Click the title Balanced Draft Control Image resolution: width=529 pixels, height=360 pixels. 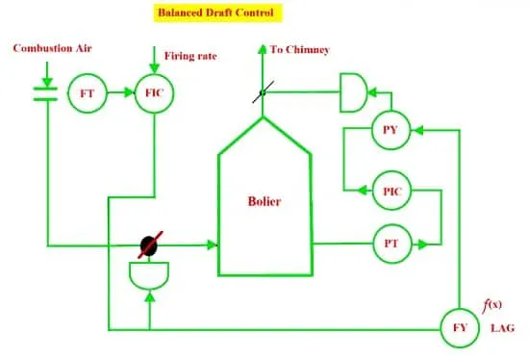pos(216,13)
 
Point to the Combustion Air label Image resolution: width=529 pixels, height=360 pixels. pos(52,48)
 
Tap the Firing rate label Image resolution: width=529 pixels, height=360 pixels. pos(190,56)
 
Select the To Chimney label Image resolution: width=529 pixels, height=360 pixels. pos(299,50)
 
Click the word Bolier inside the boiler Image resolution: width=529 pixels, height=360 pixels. pos(264,201)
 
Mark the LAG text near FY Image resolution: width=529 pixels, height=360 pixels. pos(503,328)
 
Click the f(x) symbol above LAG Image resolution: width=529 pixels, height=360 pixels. pos(491,305)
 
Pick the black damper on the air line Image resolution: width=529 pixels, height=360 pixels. pos(149,245)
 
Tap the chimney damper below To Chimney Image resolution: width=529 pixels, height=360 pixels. pos(264,91)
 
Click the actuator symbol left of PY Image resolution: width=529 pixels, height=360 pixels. pos(354,92)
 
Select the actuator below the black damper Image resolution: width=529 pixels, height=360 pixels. pos(149,276)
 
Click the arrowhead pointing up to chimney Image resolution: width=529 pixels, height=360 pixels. pos(263,49)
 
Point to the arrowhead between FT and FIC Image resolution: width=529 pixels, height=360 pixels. pos(129,92)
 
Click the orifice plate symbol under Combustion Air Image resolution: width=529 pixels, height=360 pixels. pos(45,94)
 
